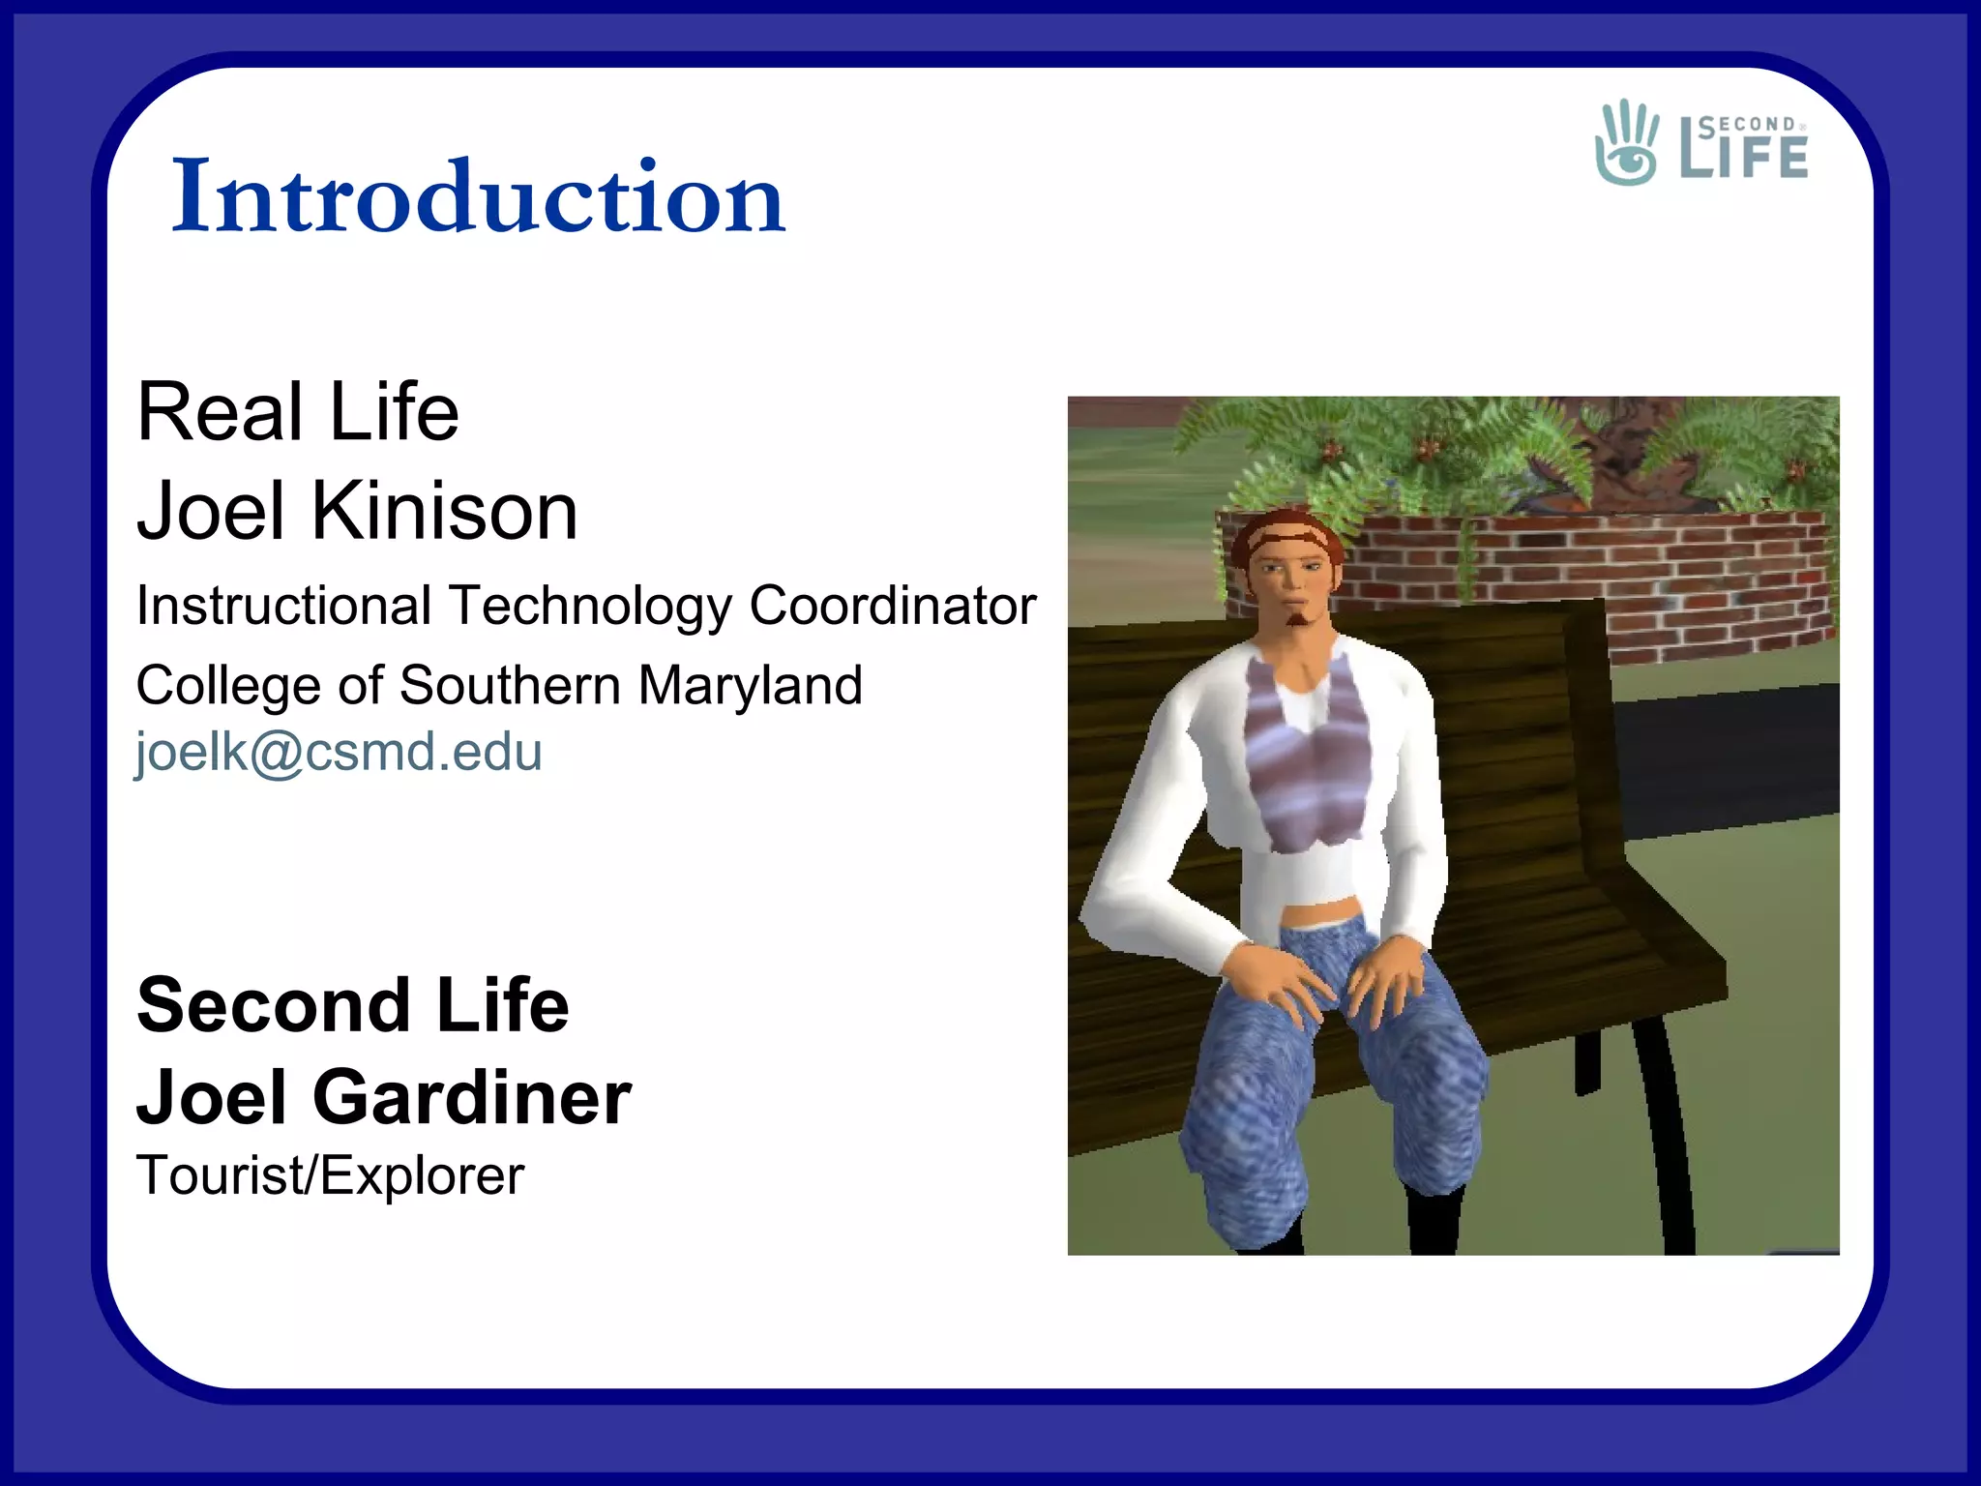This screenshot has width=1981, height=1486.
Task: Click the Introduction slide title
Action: pos(478,196)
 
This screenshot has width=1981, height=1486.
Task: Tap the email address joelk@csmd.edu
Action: pos(339,752)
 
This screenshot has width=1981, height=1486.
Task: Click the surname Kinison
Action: pos(444,511)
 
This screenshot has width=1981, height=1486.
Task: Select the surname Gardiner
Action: pos(471,1098)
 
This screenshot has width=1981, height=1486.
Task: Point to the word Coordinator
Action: pos(892,606)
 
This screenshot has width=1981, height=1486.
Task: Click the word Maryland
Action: pos(750,685)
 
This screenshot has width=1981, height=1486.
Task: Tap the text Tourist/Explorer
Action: pos(330,1175)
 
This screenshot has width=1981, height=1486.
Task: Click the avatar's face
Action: pos(1293,580)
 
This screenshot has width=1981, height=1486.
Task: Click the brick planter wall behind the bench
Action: pos(1644,580)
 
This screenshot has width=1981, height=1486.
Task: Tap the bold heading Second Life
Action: pos(353,1005)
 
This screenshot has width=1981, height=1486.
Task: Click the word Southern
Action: pos(510,685)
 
